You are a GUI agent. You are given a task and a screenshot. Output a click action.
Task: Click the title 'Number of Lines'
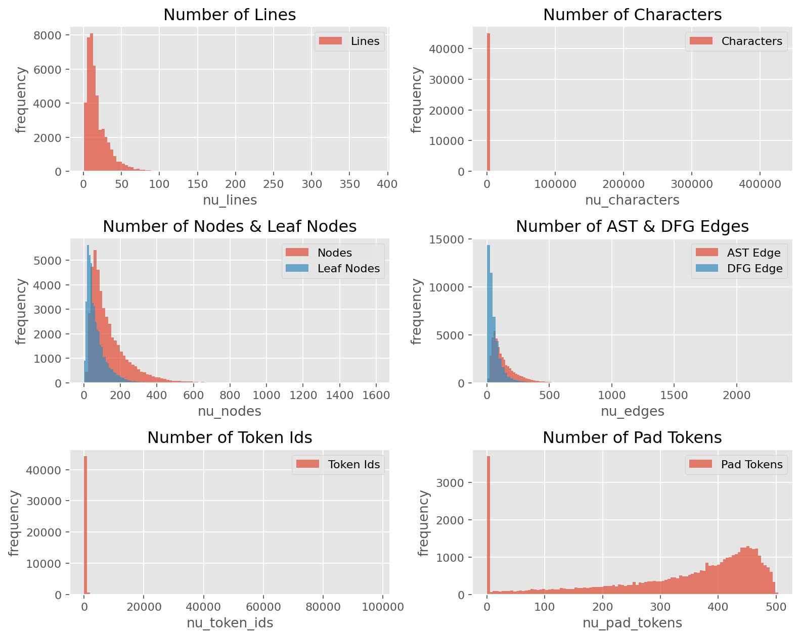click(230, 15)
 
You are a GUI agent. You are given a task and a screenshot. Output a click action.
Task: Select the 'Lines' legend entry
click(349, 41)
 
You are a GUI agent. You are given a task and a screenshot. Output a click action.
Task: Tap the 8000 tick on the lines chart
click(47, 35)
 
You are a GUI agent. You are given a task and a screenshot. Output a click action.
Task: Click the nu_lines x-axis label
click(230, 200)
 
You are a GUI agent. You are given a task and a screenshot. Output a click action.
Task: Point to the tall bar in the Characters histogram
click(488, 102)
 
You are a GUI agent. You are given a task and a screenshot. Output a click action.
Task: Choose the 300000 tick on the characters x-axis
click(692, 184)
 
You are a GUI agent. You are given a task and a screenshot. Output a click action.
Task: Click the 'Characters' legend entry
click(736, 41)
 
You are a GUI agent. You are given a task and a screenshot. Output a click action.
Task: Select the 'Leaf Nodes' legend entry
click(333, 268)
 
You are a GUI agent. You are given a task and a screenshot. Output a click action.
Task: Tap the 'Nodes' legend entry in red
click(319, 253)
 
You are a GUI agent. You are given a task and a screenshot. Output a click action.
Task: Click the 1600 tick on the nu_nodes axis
click(376, 395)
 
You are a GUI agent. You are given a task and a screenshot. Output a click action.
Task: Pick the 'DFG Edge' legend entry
click(739, 268)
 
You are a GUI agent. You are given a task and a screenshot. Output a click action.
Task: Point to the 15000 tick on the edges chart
click(447, 239)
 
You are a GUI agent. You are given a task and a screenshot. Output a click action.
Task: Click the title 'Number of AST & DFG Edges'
click(632, 226)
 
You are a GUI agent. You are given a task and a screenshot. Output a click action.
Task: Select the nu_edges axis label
click(633, 411)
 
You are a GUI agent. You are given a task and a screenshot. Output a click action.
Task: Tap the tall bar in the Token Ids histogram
click(85, 525)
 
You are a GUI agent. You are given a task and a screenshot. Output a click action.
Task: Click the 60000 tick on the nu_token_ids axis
click(263, 607)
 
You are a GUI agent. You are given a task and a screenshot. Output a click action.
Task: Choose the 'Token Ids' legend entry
click(338, 464)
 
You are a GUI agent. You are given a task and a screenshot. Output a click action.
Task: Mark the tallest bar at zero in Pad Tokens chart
click(488, 525)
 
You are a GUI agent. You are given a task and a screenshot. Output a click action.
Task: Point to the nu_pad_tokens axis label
click(633, 623)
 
